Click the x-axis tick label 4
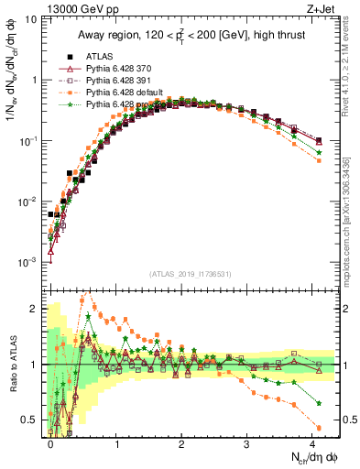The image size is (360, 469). (312, 442)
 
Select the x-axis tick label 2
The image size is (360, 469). (181, 442)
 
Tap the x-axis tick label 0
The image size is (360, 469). (51, 442)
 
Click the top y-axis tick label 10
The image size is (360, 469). (28, 19)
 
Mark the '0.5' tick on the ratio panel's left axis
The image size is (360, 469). (27, 420)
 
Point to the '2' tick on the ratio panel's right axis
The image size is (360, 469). (348, 309)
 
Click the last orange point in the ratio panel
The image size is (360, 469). (318, 428)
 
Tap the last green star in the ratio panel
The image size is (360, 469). (318, 403)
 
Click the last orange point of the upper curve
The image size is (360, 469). (318, 160)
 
